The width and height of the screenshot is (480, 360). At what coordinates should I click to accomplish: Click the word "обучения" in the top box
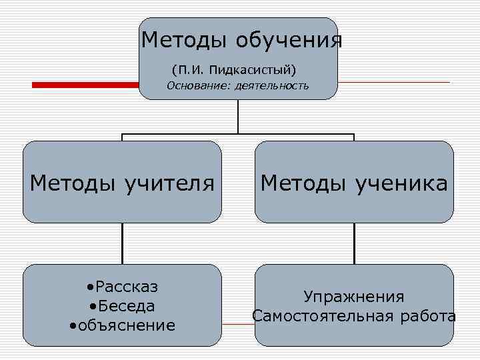(289, 41)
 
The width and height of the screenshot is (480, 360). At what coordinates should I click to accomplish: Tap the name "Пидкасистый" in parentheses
(250, 69)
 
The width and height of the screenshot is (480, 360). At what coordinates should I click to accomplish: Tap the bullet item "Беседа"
(125, 306)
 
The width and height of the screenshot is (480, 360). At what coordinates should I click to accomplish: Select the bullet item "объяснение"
(125, 325)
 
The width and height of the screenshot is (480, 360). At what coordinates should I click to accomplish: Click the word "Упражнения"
(354, 296)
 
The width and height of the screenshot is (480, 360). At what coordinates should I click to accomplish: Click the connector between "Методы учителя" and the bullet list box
(122, 243)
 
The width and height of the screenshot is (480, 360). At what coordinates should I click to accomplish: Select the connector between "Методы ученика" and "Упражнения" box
(354, 243)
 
